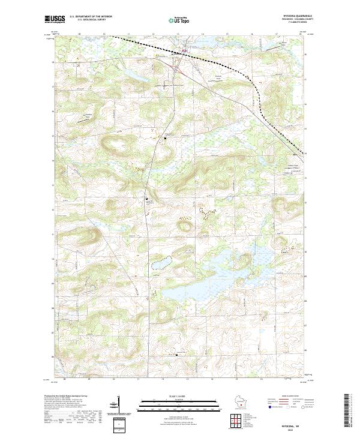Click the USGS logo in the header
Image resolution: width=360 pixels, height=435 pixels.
[x=55, y=19]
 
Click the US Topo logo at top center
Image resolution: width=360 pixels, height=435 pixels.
[x=181, y=19]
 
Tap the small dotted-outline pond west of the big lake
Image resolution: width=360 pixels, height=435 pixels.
[x=161, y=262]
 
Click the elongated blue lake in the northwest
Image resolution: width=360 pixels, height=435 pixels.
[x=136, y=74]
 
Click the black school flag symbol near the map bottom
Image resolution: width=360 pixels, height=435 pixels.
[x=177, y=354]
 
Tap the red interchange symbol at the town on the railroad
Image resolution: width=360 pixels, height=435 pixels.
[x=176, y=52]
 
